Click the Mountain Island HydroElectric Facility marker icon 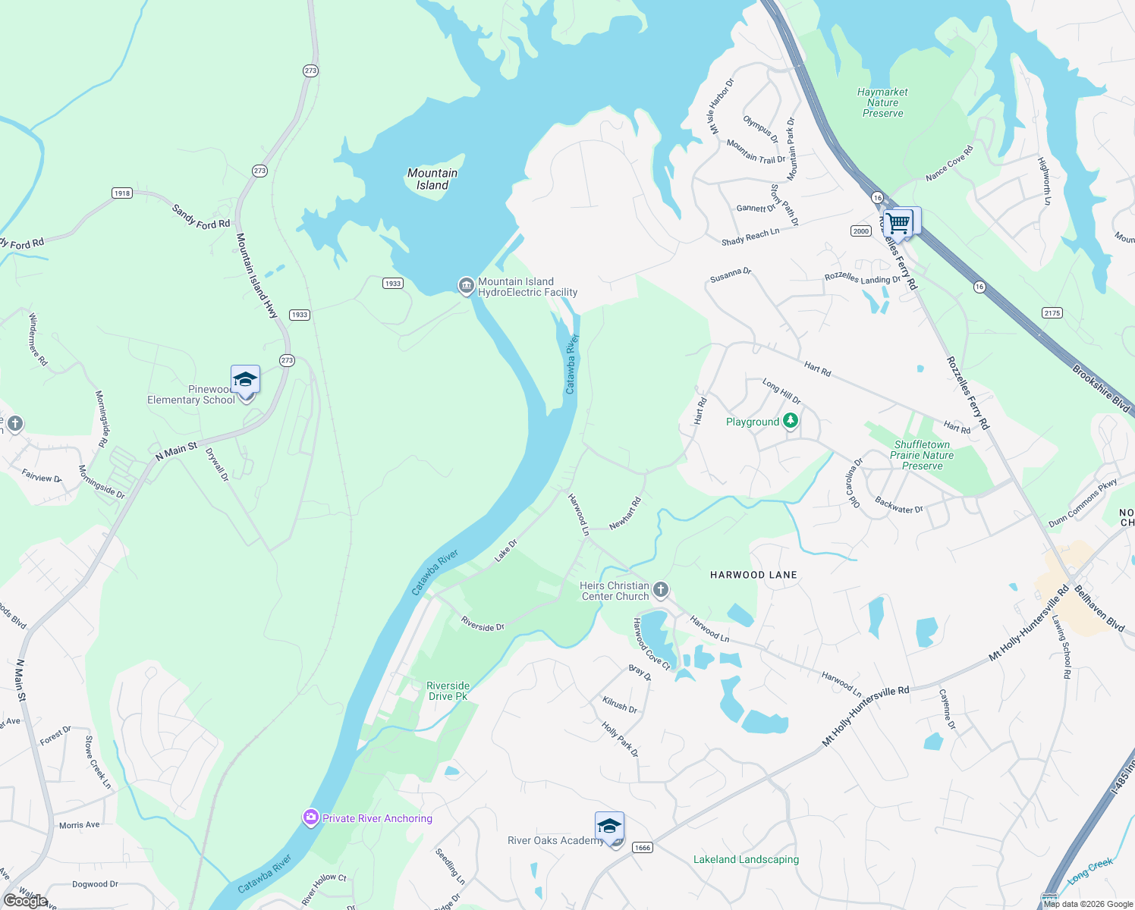click(x=466, y=286)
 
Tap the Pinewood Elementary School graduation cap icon click(x=245, y=379)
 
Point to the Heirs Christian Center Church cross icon click(x=661, y=589)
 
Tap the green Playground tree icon click(x=791, y=421)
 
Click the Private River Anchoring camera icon click(x=310, y=817)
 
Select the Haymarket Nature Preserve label click(x=882, y=102)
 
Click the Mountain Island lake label click(x=432, y=179)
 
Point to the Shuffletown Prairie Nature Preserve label click(x=922, y=455)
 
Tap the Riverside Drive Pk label click(x=448, y=691)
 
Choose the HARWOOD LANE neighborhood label click(x=753, y=575)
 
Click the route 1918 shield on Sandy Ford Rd click(x=122, y=193)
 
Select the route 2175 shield click(x=1052, y=312)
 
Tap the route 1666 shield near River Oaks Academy click(x=642, y=847)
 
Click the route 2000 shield click(x=860, y=231)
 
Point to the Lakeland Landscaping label click(x=746, y=859)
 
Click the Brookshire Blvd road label click(x=1101, y=389)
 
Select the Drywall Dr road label click(x=217, y=465)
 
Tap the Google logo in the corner click(x=26, y=901)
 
